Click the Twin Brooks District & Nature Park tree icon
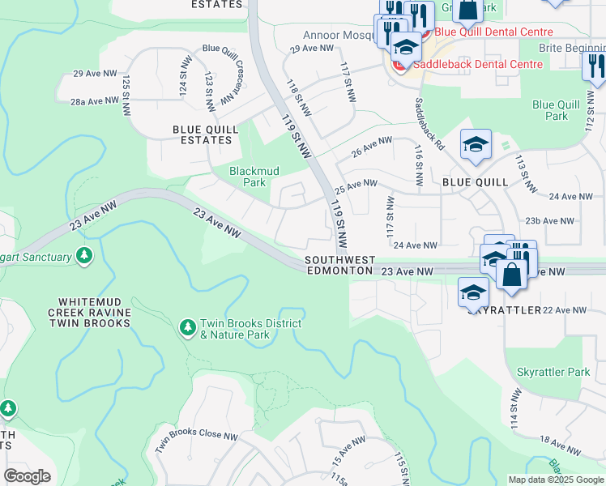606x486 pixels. pyautogui.click(x=188, y=326)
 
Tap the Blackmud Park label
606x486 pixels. pyautogui.click(x=248, y=177)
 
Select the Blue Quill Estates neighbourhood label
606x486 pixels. pyautogui.click(x=202, y=134)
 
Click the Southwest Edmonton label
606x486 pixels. pyautogui.click(x=340, y=265)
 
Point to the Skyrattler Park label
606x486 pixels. pyautogui.click(x=553, y=372)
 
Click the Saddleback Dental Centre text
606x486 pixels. pyautogui.click(x=478, y=64)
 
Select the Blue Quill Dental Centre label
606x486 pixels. pyautogui.click(x=493, y=32)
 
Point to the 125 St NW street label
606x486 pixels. pyautogui.click(x=127, y=94)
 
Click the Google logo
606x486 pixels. pyautogui.click(x=28, y=476)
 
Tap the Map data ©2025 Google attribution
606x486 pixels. pyautogui.click(x=556, y=480)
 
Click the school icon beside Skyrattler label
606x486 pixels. pyautogui.click(x=474, y=292)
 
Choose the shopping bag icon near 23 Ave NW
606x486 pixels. pyautogui.click(x=512, y=274)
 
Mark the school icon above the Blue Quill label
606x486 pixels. pyautogui.click(x=476, y=144)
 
